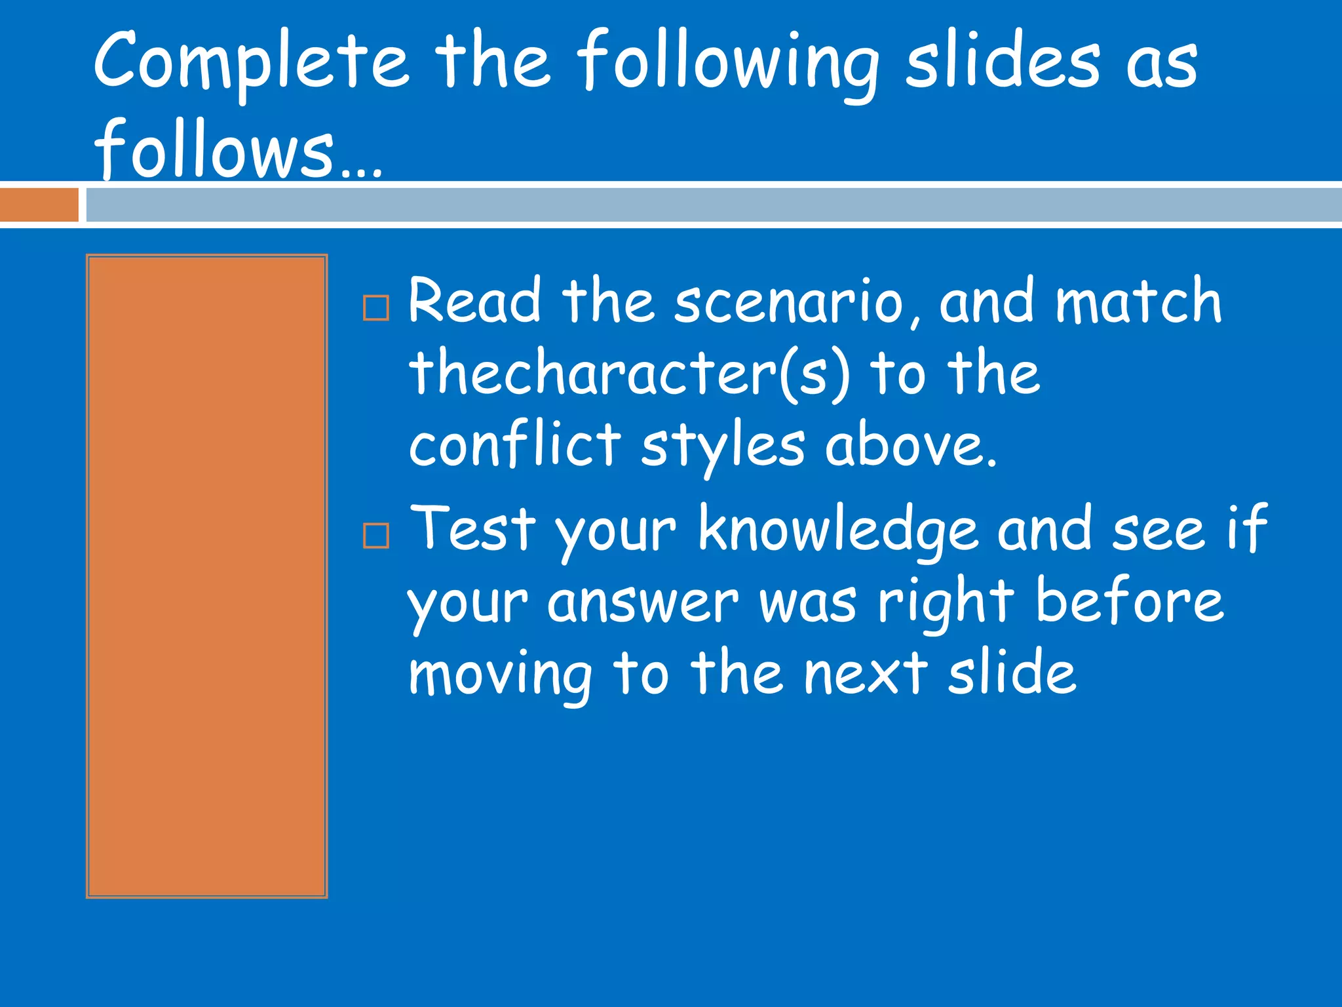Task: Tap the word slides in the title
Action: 1003,62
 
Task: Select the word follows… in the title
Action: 237,149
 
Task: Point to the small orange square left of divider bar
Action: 39,205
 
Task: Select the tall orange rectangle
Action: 206,576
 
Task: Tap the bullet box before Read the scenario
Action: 376,307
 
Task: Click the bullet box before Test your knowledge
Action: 376,535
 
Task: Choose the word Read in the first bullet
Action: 474,301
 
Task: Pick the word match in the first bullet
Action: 1138,301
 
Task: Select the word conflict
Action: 514,444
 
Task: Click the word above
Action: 910,444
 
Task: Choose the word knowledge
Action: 838,530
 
